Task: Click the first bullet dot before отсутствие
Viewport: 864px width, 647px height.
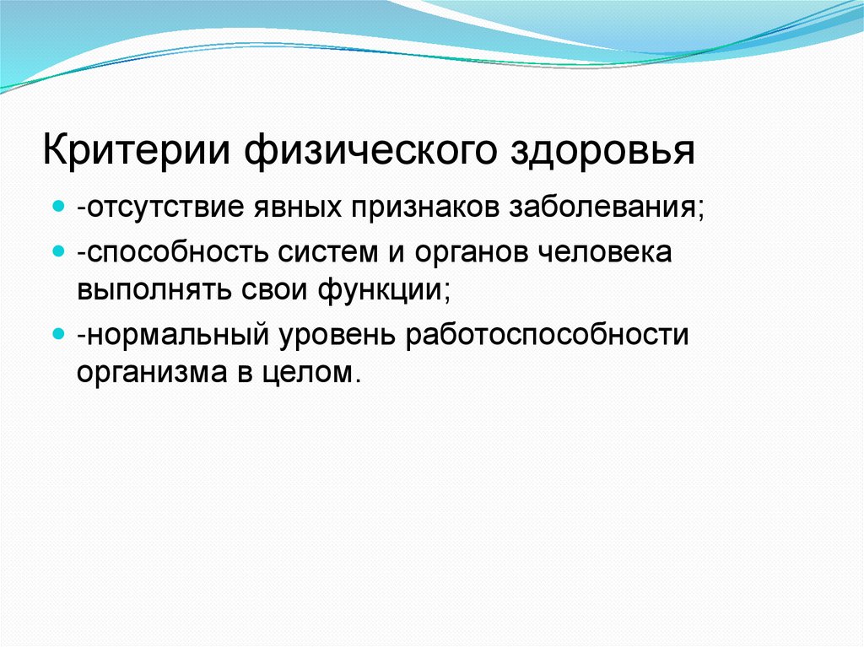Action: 58,207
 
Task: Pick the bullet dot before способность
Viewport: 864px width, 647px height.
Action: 58,251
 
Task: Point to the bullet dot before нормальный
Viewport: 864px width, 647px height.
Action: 58,333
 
